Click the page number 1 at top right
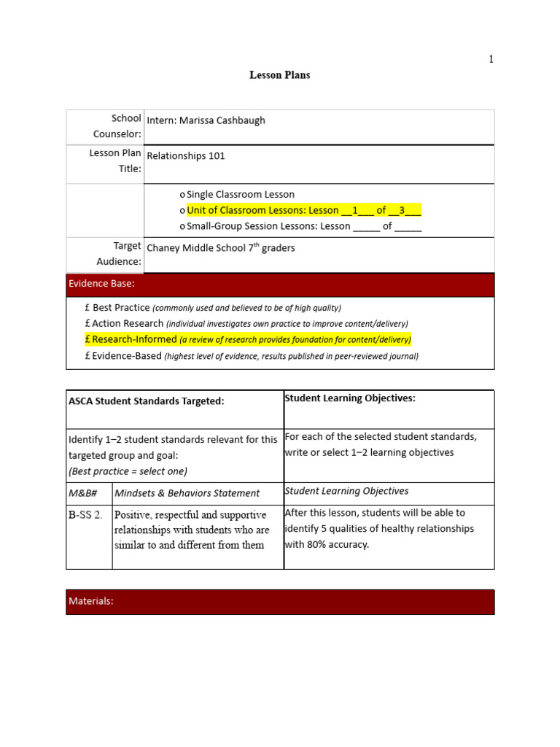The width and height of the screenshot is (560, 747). point(491,59)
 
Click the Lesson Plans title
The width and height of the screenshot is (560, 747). point(280,75)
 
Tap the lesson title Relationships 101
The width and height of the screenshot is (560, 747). point(186,155)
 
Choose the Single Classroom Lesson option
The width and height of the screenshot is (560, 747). point(240,194)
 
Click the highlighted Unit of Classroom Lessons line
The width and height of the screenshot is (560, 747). point(303,210)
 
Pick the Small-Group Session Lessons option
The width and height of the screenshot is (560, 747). point(303,226)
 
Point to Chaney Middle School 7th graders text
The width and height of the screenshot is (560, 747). point(221,248)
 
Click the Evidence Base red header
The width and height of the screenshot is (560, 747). point(280,284)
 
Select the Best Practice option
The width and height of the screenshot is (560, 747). point(121,308)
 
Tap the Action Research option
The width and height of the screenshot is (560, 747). point(128,323)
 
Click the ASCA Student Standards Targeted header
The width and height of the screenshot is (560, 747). point(147,400)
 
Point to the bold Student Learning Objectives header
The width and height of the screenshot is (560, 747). point(340,398)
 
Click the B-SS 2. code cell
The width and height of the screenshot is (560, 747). point(86,515)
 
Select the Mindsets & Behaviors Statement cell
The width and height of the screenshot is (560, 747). point(187,493)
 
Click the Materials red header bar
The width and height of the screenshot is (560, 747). point(280,602)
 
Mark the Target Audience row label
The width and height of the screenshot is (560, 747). point(117,254)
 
